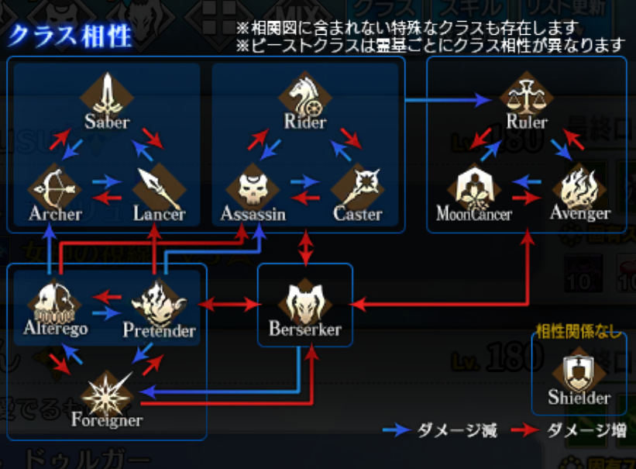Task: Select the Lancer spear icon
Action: pyautogui.click(x=158, y=186)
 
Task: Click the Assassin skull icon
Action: pyautogui.click(x=251, y=186)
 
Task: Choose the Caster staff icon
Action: pyautogui.click(x=358, y=187)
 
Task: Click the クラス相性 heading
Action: pyautogui.click(x=71, y=36)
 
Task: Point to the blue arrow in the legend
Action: pyautogui.click(x=400, y=429)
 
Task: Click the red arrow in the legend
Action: pyautogui.click(x=527, y=429)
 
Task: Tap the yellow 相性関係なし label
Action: pyautogui.click(x=579, y=333)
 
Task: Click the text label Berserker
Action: pyautogui.click(x=304, y=329)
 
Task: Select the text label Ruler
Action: pyautogui.click(x=527, y=122)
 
